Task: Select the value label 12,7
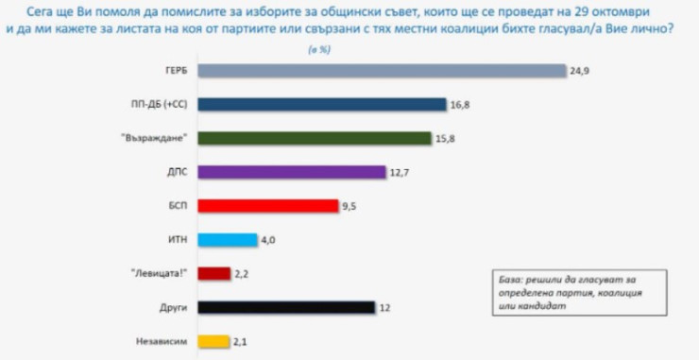(x=401, y=173)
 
